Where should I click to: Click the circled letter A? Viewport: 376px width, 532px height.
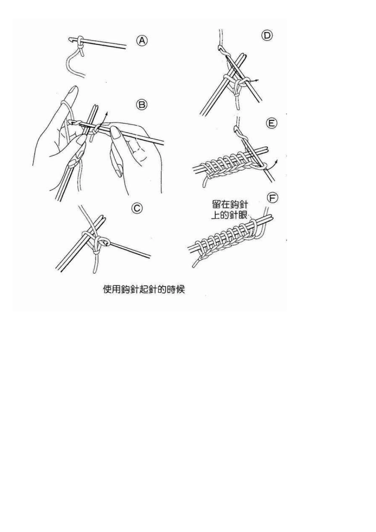142,41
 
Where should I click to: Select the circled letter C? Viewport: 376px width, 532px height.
137,208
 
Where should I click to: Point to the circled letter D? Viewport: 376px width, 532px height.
267,36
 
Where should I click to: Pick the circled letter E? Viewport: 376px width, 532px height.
272,123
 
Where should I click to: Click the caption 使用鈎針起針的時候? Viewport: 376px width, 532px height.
144,289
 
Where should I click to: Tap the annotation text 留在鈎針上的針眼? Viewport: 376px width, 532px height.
230,210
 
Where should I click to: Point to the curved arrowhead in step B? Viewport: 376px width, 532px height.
106,114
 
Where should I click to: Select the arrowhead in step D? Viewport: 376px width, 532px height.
257,80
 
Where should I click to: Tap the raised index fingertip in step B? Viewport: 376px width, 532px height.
74,89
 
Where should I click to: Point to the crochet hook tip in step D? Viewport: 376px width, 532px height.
220,48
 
